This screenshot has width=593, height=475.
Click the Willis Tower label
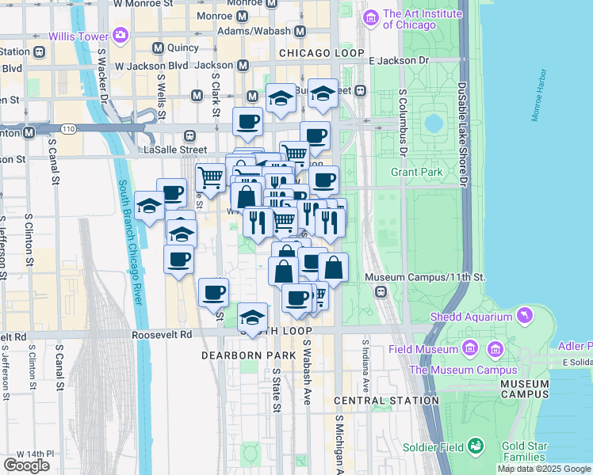[x=78, y=36]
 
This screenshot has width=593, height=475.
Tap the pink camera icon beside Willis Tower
[x=121, y=35]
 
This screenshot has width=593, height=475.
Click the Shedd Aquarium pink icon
[x=523, y=317]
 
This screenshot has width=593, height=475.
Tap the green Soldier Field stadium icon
[x=476, y=446]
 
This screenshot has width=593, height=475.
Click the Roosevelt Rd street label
[x=162, y=335]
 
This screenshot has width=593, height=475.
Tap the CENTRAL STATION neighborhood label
[x=386, y=401]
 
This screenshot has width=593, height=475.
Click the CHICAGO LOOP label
[x=319, y=53]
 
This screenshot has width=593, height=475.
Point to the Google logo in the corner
[x=26, y=465]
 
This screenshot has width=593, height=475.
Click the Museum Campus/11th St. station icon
[x=381, y=292]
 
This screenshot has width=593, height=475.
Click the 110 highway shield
[x=69, y=128]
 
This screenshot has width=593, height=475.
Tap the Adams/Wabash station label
[x=258, y=32]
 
